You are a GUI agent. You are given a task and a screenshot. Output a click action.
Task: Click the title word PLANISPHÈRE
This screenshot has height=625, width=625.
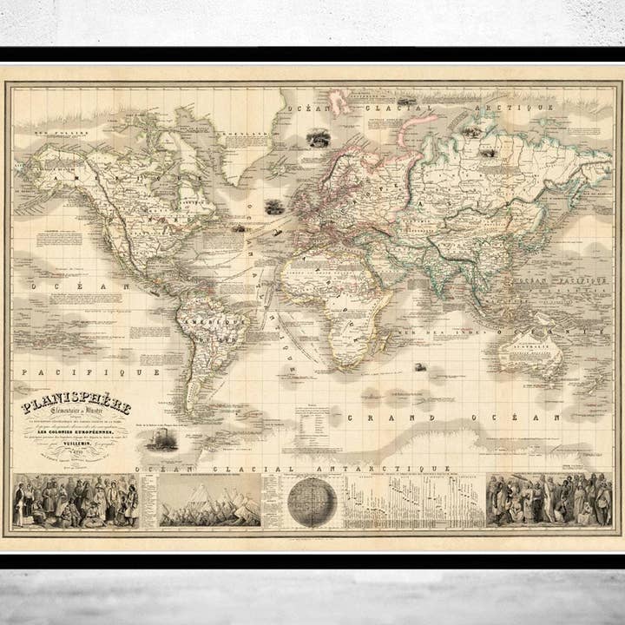(x=76, y=405)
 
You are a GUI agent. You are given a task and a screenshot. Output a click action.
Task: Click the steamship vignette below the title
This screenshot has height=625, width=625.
(x=161, y=440)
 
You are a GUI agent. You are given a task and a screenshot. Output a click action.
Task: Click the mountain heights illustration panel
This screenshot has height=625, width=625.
(x=211, y=503)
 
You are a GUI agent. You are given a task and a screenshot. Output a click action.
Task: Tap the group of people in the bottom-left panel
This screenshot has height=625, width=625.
(x=76, y=502)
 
